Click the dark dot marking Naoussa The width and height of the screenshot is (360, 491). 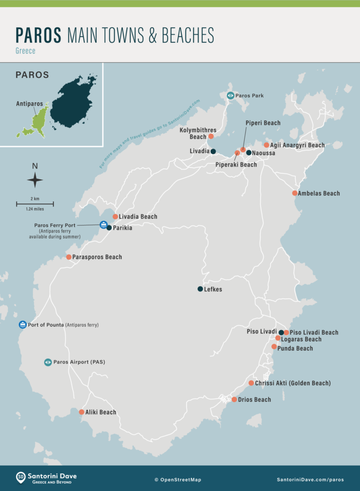(x=249, y=152)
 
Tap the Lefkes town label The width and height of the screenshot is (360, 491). (x=213, y=289)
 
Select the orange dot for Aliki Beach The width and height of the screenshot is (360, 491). (x=82, y=412)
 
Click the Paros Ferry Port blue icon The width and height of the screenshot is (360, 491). (x=103, y=225)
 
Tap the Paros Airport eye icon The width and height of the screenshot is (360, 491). (x=48, y=362)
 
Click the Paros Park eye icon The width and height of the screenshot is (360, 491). (x=230, y=96)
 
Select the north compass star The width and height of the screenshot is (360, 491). (x=35, y=180)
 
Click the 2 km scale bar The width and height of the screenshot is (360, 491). (x=35, y=204)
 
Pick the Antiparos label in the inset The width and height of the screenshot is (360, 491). (x=29, y=104)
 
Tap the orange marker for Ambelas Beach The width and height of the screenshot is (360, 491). (x=295, y=193)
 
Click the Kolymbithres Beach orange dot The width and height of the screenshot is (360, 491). (x=211, y=136)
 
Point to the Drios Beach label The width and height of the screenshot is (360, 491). (x=255, y=400)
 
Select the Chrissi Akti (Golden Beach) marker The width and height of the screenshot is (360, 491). (x=251, y=383)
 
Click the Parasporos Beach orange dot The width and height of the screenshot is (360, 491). (x=69, y=257)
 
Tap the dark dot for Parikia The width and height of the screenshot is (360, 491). (x=109, y=228)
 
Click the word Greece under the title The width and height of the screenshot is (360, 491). (x=25, y=51)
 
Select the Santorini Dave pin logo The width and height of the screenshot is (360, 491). (x=21, y=478)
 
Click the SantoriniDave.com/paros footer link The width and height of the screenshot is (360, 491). (x=310, y=480)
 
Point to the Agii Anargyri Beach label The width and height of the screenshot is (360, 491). (x=297, y=145)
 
